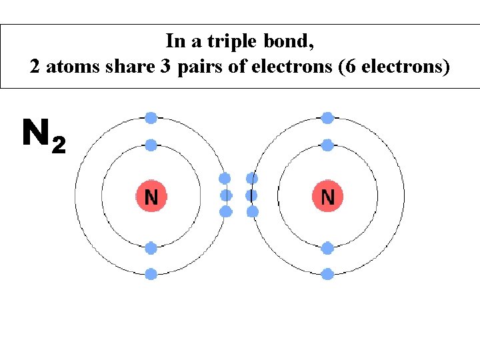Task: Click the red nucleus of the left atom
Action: click(151, 197)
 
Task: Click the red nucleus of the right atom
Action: click(327, 197)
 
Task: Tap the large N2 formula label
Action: click(43, 135)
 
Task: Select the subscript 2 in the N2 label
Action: click(59, 144)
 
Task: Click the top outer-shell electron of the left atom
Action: click(151, 118)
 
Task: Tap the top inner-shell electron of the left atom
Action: click(151, 145)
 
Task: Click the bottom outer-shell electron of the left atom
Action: click(151, 273)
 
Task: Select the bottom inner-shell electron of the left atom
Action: click(151, 248)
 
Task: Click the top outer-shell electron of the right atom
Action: click(327, 118)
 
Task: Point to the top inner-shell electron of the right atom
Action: click(327, 145)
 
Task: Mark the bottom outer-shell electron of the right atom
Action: click(327, 273)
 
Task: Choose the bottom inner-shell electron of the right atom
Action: click(327, 248)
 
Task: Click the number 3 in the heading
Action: click(165, 67)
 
